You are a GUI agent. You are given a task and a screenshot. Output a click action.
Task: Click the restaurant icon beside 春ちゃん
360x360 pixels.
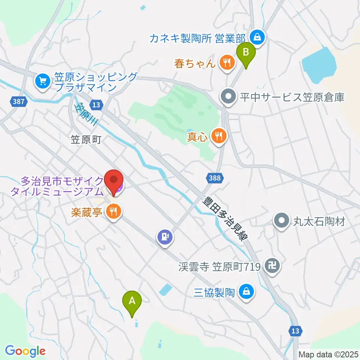pos(226,62)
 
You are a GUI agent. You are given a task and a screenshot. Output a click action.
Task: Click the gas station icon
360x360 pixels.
pos(165,237)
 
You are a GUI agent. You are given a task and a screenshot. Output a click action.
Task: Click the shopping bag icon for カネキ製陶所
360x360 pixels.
pos(258,37)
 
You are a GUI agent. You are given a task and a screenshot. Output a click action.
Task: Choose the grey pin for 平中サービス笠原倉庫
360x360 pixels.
pos(228,97)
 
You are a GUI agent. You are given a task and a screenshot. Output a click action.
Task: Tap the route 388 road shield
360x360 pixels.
pos(213,176)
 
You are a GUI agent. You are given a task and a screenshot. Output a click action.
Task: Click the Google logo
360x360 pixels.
pos(25,351)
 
